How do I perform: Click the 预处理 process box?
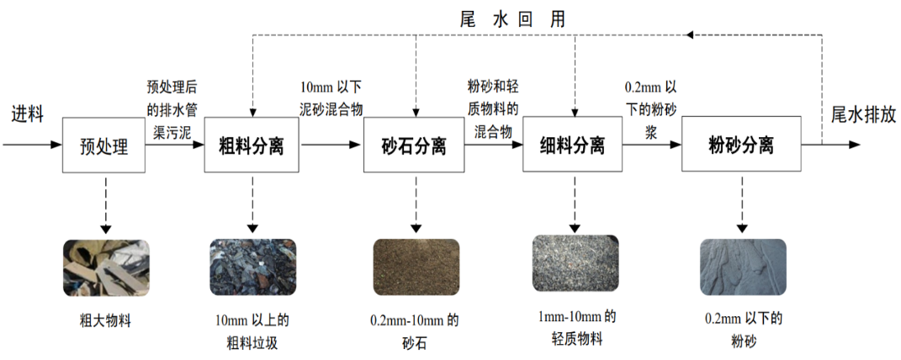coord(104,146)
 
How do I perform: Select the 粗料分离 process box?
coord(252,146)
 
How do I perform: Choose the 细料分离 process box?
coord(572,146)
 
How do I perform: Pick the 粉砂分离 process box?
coord(740,146)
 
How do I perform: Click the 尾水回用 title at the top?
coord(513,19)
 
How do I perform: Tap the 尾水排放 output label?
coord(863,114)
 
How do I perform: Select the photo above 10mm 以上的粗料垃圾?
coord(252,267)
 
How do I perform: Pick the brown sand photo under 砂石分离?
coord(416,267)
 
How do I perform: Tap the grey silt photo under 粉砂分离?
coord(743,267)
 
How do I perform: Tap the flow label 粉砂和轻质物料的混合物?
coord(493,109)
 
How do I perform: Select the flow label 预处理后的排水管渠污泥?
coord(172,108)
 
